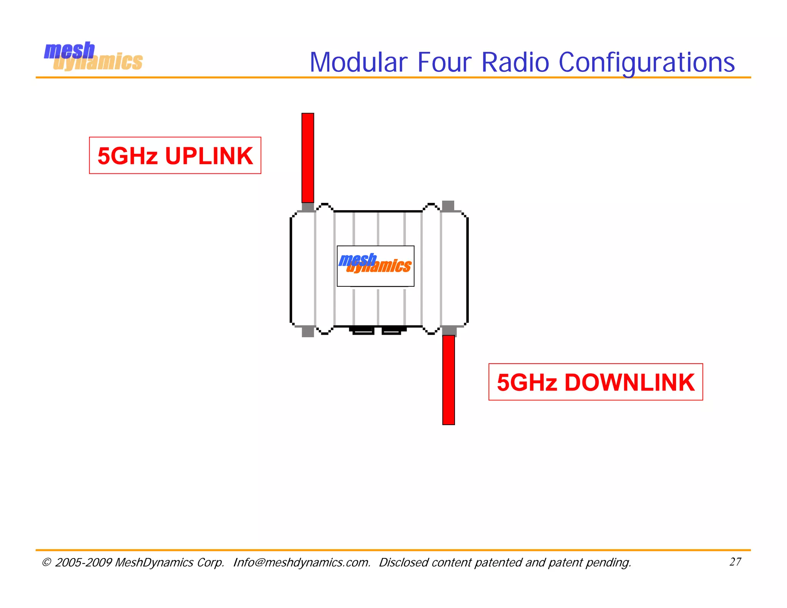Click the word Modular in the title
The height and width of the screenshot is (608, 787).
pyautogui.click(x=358, y=62)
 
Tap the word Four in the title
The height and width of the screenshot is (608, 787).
pyautogui.click(x=444, y=62)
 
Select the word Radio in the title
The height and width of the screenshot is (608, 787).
pyautogui.click(x=515, y=62)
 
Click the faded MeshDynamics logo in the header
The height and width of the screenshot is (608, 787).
pyautogui.click(x=93, y=57)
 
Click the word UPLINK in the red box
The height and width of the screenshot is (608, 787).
pyautogui.click(x=209, y=156)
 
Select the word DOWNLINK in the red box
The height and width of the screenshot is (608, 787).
pyautogui.click(x=629, y=383)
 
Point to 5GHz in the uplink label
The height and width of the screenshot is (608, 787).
pyautogui.click(x=128, y=156)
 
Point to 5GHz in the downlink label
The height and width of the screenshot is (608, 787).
pyautogui.click(x=527, y=383)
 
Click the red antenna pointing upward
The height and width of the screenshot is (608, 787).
pyautogui.click(x=308, y=158)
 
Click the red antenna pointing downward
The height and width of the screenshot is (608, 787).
pyautogui.click(x=448, y=380)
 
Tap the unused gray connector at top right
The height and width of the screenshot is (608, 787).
pyautogui.click(x=448, y=206)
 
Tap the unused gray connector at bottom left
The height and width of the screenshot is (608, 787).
pyautogui.click(x=308, y=332)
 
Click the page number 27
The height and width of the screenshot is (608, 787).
pyautogui.click(x=735, y=562)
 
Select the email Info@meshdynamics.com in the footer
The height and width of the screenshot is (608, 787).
pyautogui.click(x=302, y=562)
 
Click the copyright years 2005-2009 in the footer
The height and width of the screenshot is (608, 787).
pyautogui.click(x=83, y=562)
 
